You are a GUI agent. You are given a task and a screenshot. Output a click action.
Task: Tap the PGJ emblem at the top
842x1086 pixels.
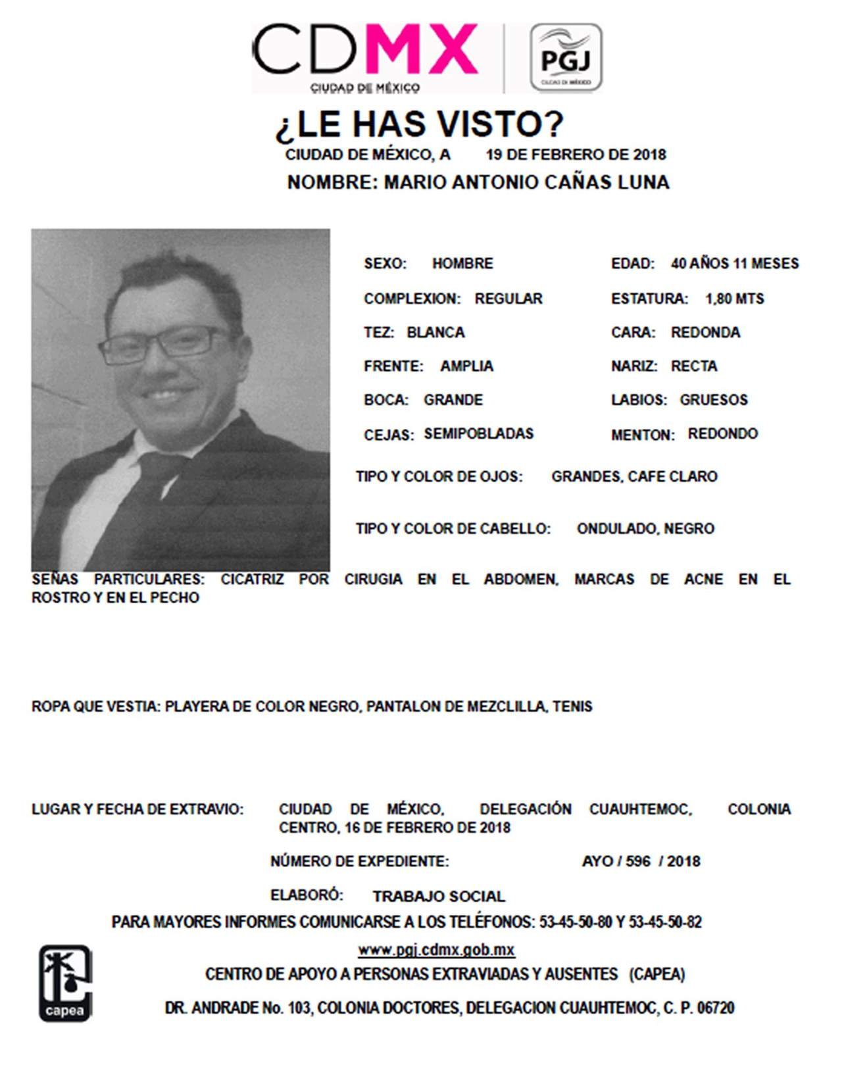point(566,58)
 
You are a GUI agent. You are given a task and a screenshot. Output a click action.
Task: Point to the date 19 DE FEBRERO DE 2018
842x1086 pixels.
point(576,155)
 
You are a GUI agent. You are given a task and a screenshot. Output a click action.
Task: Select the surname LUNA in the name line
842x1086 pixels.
point(643,182)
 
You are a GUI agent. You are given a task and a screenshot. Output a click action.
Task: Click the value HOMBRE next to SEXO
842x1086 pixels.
point(462,264)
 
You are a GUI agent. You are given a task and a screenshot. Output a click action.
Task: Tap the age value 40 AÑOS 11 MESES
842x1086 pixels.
point(734,264)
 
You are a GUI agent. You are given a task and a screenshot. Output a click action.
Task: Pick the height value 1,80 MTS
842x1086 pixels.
point(734,299)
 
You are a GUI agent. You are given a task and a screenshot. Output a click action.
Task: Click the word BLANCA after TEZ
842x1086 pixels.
point(435,333)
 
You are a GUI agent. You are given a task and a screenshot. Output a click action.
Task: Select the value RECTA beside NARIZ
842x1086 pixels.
point(694,366)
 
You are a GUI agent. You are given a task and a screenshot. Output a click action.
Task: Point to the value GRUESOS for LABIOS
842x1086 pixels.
point(714,400)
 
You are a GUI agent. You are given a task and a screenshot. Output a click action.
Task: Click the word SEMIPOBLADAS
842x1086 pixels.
point(478,434)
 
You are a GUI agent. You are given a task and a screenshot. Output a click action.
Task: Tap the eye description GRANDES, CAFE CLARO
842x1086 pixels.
point(634,477)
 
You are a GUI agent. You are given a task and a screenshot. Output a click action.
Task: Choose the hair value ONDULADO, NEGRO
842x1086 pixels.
point(645,529)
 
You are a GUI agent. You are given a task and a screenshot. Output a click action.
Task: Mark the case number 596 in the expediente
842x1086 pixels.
point(638,861)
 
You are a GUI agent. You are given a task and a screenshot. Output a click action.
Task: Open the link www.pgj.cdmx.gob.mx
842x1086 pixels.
point(436,950)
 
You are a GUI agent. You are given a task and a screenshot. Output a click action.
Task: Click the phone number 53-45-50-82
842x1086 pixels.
point(665,922)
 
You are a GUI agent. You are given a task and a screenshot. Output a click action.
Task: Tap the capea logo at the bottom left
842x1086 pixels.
point(65,983)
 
